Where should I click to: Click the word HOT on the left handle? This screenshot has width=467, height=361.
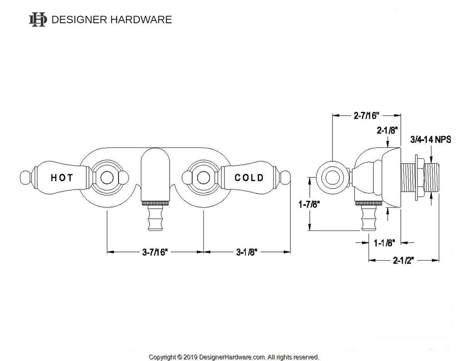[x=61, y=178]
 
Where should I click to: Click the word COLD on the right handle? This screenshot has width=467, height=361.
[x=249, y=178]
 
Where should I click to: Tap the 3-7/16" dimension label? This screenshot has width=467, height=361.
[x=155, y=251]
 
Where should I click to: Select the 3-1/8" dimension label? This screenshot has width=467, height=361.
[x=248, y=251]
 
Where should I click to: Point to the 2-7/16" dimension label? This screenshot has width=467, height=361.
[x=367, y=116]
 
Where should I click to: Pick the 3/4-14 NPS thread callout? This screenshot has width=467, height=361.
[x=431, y=140]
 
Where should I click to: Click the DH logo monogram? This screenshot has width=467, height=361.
[x=38, y=19]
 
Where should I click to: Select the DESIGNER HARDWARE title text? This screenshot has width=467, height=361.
[x=112, y=20]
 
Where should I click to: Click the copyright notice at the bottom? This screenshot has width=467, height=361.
[x=234, y=356]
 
